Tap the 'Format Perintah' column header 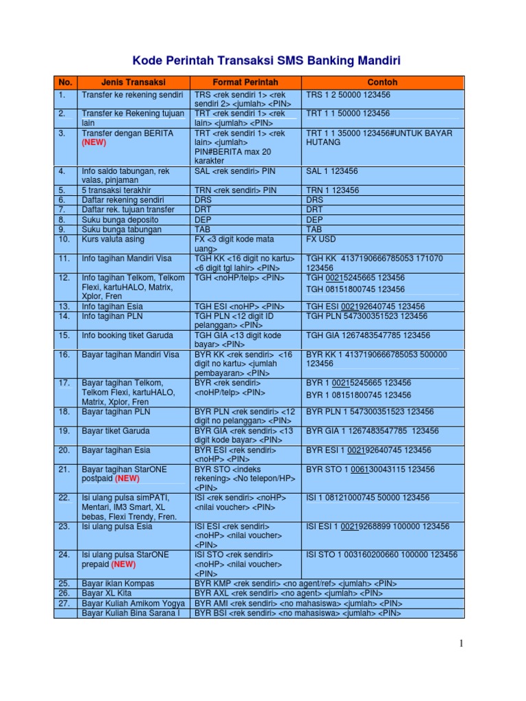coord(245,82)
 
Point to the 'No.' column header coord(65,82)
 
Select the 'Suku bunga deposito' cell coord(120,220)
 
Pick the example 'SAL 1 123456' coord(332,171)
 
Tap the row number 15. coord(64,335)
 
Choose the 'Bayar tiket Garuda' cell coord(115,431)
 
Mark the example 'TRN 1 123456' coord(332,190)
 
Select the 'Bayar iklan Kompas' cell coord(118,583)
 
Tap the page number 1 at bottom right coord(462,643)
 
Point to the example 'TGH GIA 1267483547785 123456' coord(368,335)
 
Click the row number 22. coord(64,497)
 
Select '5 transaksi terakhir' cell coord(116,190)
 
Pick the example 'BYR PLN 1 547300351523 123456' coord(370,411)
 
